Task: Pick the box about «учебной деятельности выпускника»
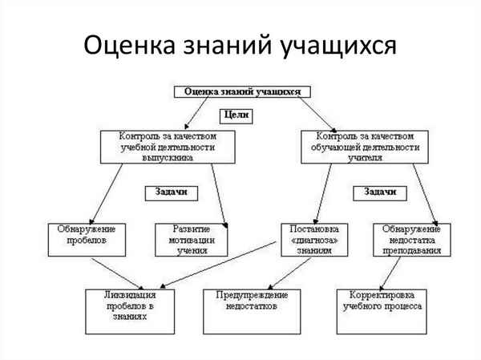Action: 168,147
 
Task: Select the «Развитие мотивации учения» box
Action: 192,238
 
